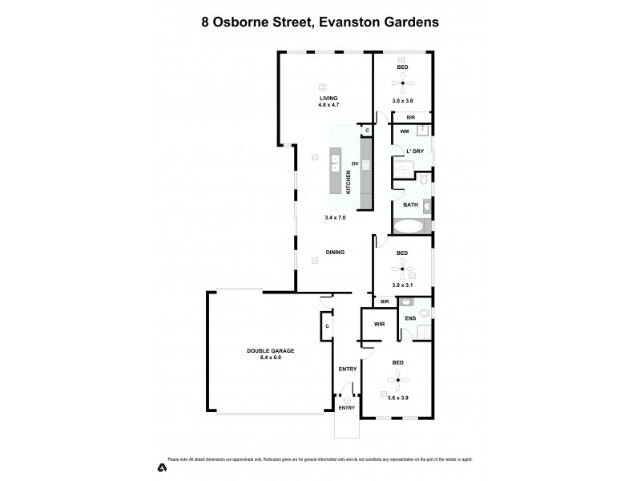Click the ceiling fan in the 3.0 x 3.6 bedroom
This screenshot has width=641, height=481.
[402, 81]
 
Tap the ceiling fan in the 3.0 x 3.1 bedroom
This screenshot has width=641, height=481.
[402, 267]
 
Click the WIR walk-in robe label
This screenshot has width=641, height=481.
[380, 325]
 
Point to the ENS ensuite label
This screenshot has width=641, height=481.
[410, 319]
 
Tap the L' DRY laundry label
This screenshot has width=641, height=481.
[414, 152]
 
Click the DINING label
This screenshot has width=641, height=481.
[335, 253]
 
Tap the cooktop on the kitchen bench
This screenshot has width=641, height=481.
[366, 165]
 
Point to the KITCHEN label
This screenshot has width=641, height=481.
[348, 183]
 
